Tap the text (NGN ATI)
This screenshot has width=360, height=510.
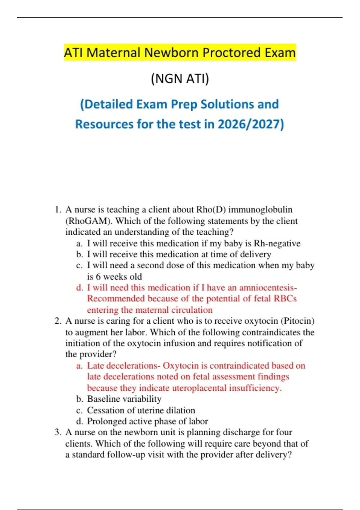point(180,79)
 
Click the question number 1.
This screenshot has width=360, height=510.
point(58,210)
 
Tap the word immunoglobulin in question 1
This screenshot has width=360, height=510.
point(260,210)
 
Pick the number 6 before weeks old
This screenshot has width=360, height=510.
point(98,277)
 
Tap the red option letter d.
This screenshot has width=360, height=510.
point(79,288)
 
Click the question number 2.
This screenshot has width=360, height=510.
point(58,321)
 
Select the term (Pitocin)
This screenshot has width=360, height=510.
point(297,321)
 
